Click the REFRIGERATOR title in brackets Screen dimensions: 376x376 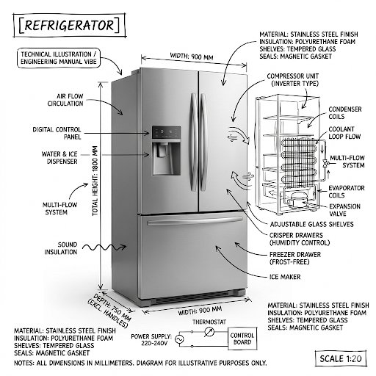(67, 23)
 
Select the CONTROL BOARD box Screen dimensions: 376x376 (243, 339)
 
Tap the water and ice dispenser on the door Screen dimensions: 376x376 (162, 157)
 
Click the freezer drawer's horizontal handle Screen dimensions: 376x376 (194, 222)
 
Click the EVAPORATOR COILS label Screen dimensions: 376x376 (344, 191)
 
